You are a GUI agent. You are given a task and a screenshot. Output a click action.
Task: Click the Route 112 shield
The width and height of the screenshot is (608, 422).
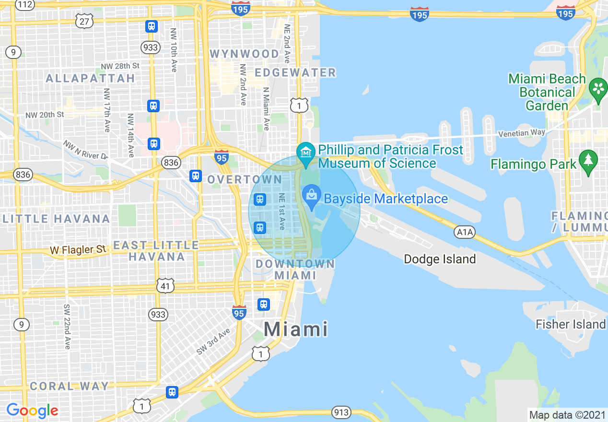[x=25, y=5]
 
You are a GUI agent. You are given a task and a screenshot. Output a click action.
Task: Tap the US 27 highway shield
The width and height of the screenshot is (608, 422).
[x=84, y=21]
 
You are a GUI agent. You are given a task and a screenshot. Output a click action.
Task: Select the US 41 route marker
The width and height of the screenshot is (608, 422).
[x=165, y=286]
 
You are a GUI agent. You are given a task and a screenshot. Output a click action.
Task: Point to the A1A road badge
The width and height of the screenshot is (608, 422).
[x=465, y=233]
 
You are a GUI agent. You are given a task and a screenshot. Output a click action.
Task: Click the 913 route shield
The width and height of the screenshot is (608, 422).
[x=341, y=412]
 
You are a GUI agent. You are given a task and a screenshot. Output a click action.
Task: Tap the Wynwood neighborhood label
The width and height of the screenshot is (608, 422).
[x=245, y=54]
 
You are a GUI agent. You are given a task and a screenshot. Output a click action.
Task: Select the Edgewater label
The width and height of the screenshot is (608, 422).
[x=295, y=72]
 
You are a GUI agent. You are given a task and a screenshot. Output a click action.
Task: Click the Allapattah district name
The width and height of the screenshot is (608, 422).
[x=90, y=78]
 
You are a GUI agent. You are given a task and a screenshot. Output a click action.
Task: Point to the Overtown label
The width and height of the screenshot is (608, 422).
[x=245, y=179]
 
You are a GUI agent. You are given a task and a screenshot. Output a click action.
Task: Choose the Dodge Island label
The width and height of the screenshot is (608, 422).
[x=440, y=259]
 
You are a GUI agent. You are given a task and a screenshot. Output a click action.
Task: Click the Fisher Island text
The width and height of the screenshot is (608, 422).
[x=571, y=324]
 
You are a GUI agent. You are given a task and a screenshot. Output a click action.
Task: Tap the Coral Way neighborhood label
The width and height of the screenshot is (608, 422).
[x=70, y=386]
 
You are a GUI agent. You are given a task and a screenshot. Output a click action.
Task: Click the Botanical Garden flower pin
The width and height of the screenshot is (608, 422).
[x=598, y=89]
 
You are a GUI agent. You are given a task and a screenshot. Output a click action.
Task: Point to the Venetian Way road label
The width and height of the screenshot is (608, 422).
[x=521, y=133]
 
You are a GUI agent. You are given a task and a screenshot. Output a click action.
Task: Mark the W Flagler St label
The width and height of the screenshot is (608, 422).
[x=78, y=249]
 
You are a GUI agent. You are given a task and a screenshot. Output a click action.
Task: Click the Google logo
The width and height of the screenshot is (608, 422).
[x=32, y=411]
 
